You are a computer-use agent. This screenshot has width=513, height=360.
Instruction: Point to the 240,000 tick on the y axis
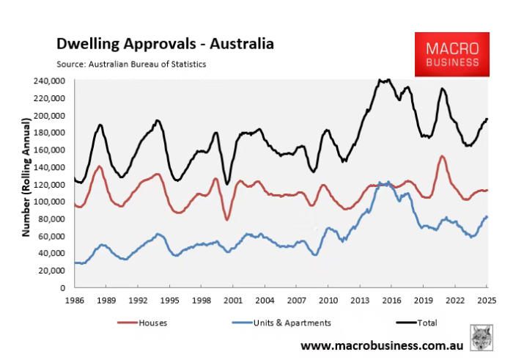point(51,81)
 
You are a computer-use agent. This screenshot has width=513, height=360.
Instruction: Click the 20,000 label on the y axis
point(53,271)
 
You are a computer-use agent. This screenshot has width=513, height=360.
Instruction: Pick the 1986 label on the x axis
point(74,301)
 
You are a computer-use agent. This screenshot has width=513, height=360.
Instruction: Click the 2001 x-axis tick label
point(233,301)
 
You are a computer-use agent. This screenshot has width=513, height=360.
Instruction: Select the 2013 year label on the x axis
point(360,301)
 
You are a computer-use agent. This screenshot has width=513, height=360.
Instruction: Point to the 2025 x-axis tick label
point(487,301)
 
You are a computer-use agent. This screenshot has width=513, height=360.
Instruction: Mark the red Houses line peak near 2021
point(442,156)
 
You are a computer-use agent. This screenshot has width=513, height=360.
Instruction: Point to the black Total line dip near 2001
point(228,183)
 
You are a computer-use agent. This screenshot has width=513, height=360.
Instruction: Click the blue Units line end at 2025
point(487,216)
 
